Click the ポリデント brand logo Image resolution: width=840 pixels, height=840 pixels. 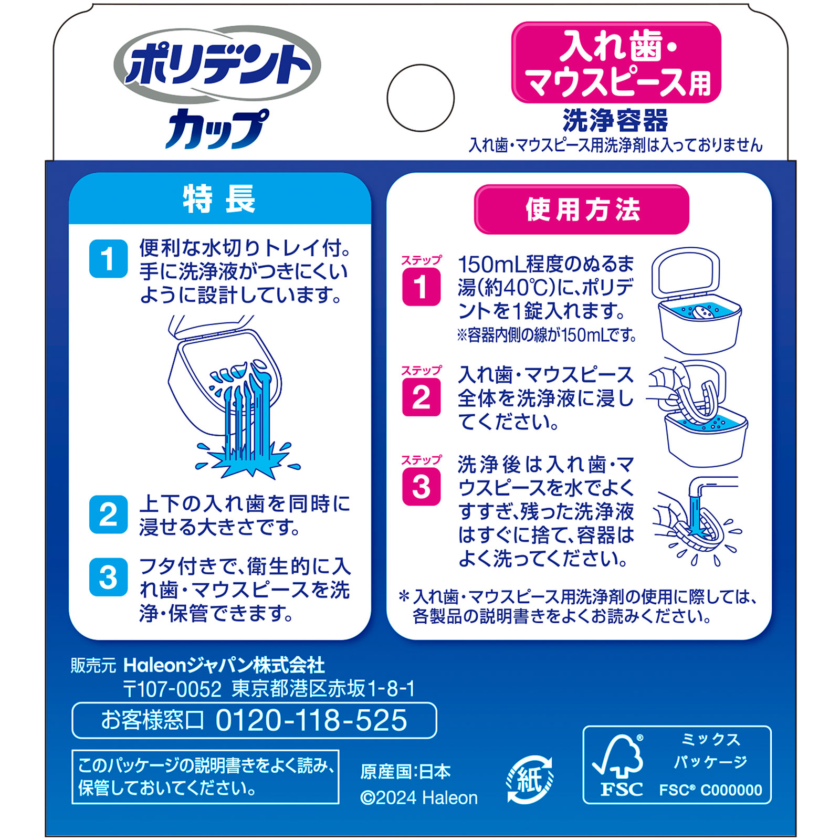point(217,66)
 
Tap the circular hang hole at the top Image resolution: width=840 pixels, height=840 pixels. point(421,98)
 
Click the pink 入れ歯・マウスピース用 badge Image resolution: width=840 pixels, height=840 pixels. point(616,62)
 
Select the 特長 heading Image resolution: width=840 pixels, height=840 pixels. point(219,199)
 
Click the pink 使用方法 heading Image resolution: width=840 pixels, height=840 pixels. point(582,209)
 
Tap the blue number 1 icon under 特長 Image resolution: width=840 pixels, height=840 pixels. point(108,259)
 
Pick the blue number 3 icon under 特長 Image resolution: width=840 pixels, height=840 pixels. point(108,577)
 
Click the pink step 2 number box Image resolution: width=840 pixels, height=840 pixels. point(421,397)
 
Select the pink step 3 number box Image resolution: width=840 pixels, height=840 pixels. point(421,487)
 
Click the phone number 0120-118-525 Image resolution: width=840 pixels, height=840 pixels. point(311,720)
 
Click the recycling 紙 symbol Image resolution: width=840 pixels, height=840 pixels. point(529,780)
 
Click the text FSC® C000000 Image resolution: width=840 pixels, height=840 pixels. point(710,790)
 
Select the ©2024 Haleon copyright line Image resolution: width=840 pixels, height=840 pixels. point(419,798)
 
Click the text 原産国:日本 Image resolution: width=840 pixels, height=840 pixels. point(405,772)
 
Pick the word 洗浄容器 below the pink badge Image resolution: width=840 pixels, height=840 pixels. point(615,120)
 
